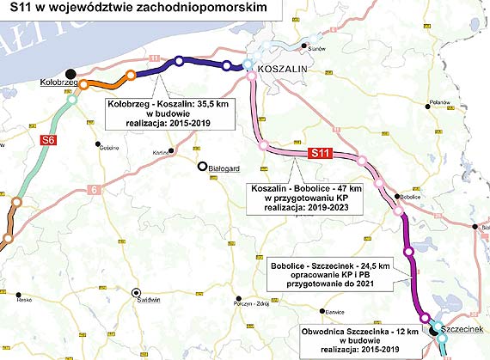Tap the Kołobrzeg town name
59,83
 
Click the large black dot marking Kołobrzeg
70,74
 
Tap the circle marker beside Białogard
202,167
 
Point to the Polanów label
440,102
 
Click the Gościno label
109,148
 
